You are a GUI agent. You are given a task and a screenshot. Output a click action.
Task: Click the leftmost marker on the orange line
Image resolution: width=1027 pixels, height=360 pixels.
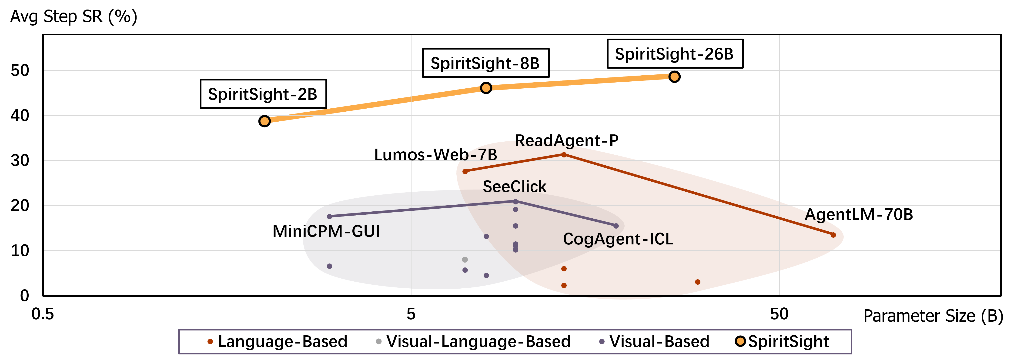(265, 121)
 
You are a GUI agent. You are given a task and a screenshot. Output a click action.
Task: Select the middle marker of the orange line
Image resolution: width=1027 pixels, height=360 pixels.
(486, 88)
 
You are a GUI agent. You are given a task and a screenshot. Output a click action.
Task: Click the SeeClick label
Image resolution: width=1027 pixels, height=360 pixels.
(514, 187)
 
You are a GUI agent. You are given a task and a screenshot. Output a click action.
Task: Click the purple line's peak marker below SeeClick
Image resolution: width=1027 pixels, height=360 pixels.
(515, 202)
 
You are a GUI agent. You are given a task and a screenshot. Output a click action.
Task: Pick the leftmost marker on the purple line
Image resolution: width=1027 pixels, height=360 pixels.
(329, 217)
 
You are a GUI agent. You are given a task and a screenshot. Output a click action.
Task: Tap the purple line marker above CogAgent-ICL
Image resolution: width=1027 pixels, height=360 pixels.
(616, 226)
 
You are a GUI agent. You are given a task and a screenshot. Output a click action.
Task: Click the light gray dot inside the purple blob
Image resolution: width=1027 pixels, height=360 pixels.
(465, 260)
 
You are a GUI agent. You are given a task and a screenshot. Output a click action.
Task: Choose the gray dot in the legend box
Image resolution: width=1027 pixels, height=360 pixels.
(379, 341)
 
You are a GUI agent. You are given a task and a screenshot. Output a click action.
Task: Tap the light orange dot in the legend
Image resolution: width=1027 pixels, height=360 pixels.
(740, 341)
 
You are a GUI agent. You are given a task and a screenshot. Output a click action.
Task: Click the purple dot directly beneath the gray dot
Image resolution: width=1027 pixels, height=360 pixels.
(465, 270)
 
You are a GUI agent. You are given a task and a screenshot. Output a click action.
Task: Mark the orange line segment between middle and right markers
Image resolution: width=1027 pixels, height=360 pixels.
(580, 82)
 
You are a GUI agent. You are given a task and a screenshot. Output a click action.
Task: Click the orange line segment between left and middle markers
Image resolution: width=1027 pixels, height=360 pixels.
(375, 104)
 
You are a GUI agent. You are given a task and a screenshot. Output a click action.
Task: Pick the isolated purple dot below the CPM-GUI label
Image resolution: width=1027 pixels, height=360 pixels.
(329, 266)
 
